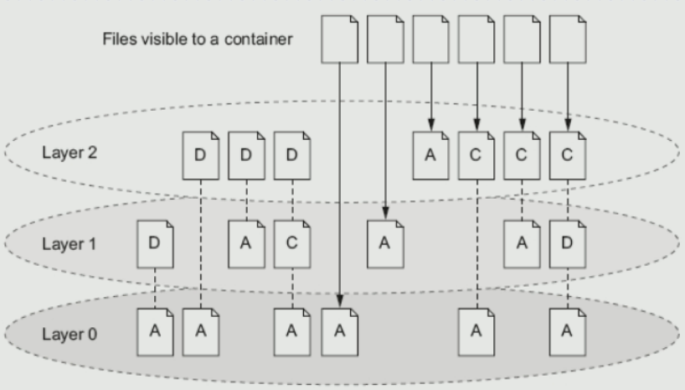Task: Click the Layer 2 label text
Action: tap(70, 153)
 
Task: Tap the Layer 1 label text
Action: tap(69, 244)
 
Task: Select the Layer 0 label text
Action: tap(70, 335)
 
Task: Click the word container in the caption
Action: tap(258, 39)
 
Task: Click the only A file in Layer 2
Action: tap(430, 155)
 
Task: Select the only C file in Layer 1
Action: tap(292, 244)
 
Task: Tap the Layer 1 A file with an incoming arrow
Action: tap(385, 244)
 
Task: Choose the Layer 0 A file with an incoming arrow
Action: tap(339, 332)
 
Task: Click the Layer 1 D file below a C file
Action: tap(568, 244)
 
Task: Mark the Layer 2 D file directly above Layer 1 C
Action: tap(292, 155)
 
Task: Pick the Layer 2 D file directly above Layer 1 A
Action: tap(246, 155)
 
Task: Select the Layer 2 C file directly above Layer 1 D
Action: tap(568, 155)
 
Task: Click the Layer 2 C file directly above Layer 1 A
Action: tap(522, 155)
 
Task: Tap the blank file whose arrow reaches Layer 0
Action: tap(339, 39)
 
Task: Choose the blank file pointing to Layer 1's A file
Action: tap(385, 39)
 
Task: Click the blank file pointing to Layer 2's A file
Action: tap(430, 39)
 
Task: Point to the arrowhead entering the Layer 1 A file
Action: tap(385, 213)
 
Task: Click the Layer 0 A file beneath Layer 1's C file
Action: tap(292, 332)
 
